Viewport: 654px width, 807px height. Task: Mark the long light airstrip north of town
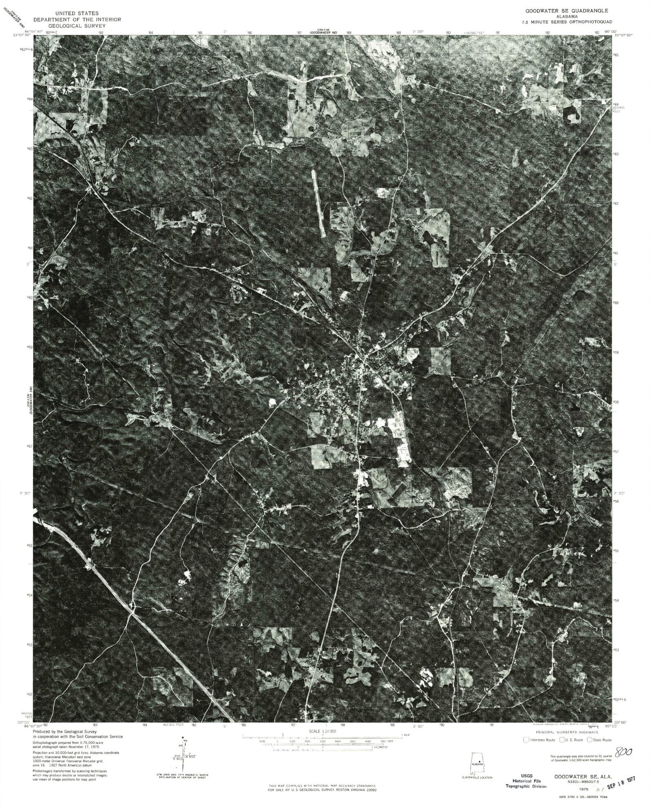[x=319, y=203]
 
